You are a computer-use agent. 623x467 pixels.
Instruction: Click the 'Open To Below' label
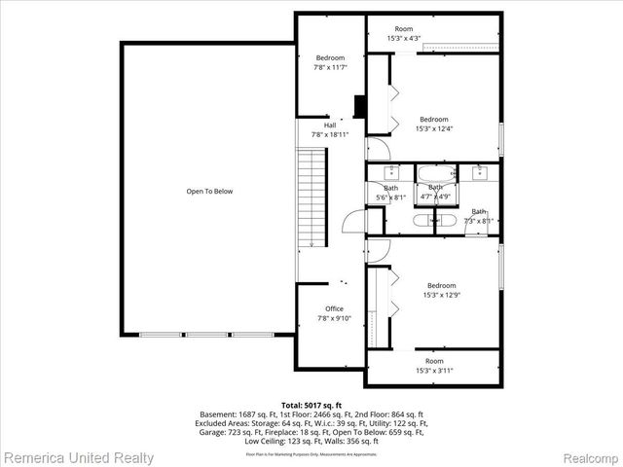(209, 192)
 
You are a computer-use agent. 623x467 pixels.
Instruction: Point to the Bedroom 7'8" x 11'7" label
(330, 62)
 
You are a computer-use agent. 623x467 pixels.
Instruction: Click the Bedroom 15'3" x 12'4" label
(433, 124)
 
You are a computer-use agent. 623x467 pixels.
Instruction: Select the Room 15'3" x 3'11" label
(433, 366)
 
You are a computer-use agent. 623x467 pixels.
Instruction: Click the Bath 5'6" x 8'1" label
(390, 193)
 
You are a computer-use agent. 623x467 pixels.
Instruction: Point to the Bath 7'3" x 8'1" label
(478, 216)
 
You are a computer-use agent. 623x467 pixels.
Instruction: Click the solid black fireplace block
(360, 106)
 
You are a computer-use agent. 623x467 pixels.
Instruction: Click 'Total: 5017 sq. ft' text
(311, 404)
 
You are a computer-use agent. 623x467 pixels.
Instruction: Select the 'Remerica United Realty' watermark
(78, 456)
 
